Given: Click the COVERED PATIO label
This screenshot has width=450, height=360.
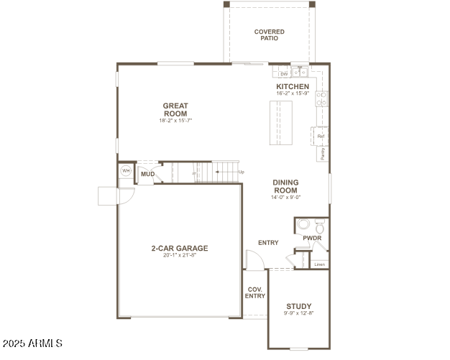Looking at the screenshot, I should tap(269, 35).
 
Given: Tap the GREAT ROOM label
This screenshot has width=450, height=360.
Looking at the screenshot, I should tap(175, 110).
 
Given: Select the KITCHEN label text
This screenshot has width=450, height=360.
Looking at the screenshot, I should tap(293, 86).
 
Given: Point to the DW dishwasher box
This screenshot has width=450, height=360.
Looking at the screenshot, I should tap(283, 73).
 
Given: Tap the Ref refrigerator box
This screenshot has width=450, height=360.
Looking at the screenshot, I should tap(321, 136).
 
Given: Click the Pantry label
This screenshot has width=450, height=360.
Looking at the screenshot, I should tap(321, 153).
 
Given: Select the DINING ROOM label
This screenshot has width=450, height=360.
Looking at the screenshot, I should tap(285, 186).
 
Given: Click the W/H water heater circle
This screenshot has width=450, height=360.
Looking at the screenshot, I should tap(126, 171).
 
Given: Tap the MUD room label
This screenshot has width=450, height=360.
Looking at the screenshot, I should tap(147, 174).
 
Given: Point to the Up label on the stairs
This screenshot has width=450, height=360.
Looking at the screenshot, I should tap(241, 172).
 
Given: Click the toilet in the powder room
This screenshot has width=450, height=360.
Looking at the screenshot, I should tap(303, 224).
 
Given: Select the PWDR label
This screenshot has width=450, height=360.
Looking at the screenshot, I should tap(312, 238).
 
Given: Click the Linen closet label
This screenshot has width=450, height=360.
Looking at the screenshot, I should tap(320, 264).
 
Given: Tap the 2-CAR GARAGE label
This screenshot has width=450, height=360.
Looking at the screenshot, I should tap(179, 249).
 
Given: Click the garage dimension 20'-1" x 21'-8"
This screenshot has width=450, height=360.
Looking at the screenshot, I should tap(179, 256).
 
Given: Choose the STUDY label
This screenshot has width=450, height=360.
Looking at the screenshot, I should tap(298, 306).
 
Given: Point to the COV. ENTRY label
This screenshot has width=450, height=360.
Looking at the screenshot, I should tap(255, 292).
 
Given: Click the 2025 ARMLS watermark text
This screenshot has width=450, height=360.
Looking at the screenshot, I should tap(33, 345).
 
